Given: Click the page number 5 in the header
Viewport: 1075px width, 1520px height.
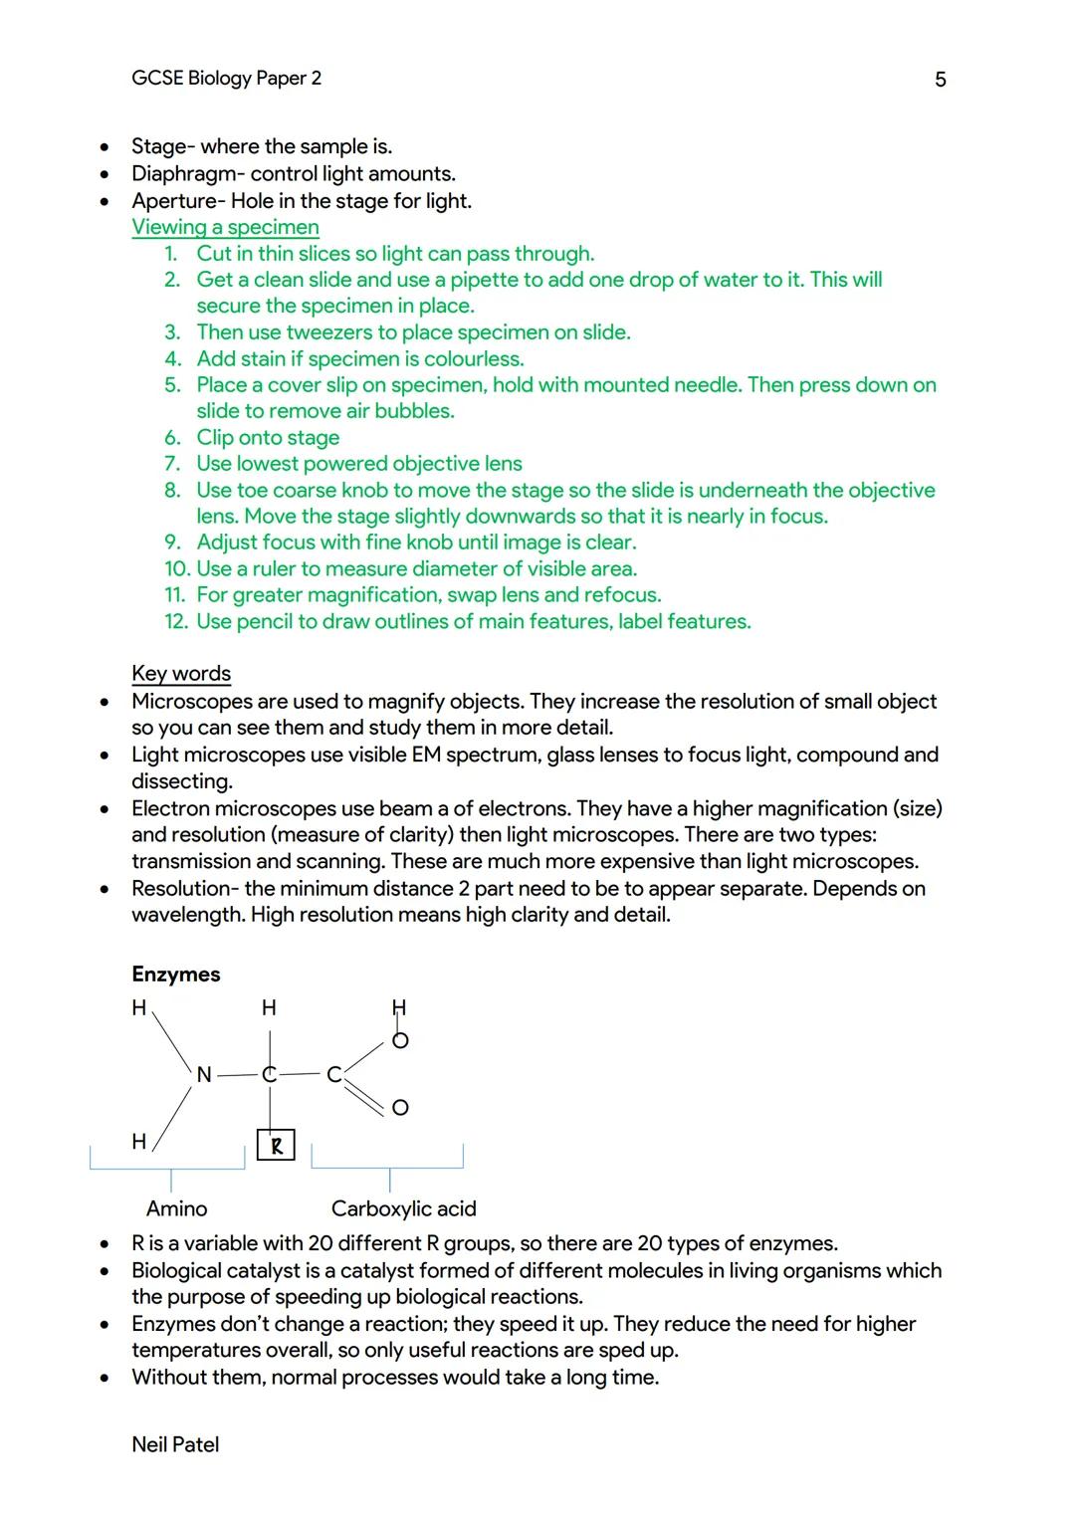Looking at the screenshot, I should click(940, 80).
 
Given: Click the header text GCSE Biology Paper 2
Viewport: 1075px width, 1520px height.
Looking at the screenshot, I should click(226, 79).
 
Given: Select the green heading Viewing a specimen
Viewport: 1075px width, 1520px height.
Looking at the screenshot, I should click(225, 227).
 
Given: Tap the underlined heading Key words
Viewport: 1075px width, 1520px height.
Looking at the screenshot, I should click(181, 674).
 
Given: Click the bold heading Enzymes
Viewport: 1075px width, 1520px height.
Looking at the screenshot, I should click(176, 975).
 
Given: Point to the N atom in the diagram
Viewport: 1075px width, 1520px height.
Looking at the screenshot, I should click(204, 1075).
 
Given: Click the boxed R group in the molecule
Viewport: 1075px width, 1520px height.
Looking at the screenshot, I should click(276, 1146).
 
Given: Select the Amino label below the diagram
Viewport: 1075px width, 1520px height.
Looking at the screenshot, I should click(177, 1208).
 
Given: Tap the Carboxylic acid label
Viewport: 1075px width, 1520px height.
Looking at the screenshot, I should click(403, 1208).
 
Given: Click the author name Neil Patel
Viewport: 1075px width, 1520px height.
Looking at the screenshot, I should click(175, 1444).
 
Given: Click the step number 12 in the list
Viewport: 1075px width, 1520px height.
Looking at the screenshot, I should click(175, 622).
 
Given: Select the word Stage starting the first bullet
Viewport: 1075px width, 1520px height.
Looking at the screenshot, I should click(157, 147).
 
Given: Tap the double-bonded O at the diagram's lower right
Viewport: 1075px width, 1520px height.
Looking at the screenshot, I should click(400, 1108).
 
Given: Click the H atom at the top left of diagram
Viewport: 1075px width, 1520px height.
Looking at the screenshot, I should click(139, 1007).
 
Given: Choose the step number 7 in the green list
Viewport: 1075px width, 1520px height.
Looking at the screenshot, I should click(173, 464).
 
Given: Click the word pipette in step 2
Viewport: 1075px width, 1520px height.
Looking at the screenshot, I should click(485, 280).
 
